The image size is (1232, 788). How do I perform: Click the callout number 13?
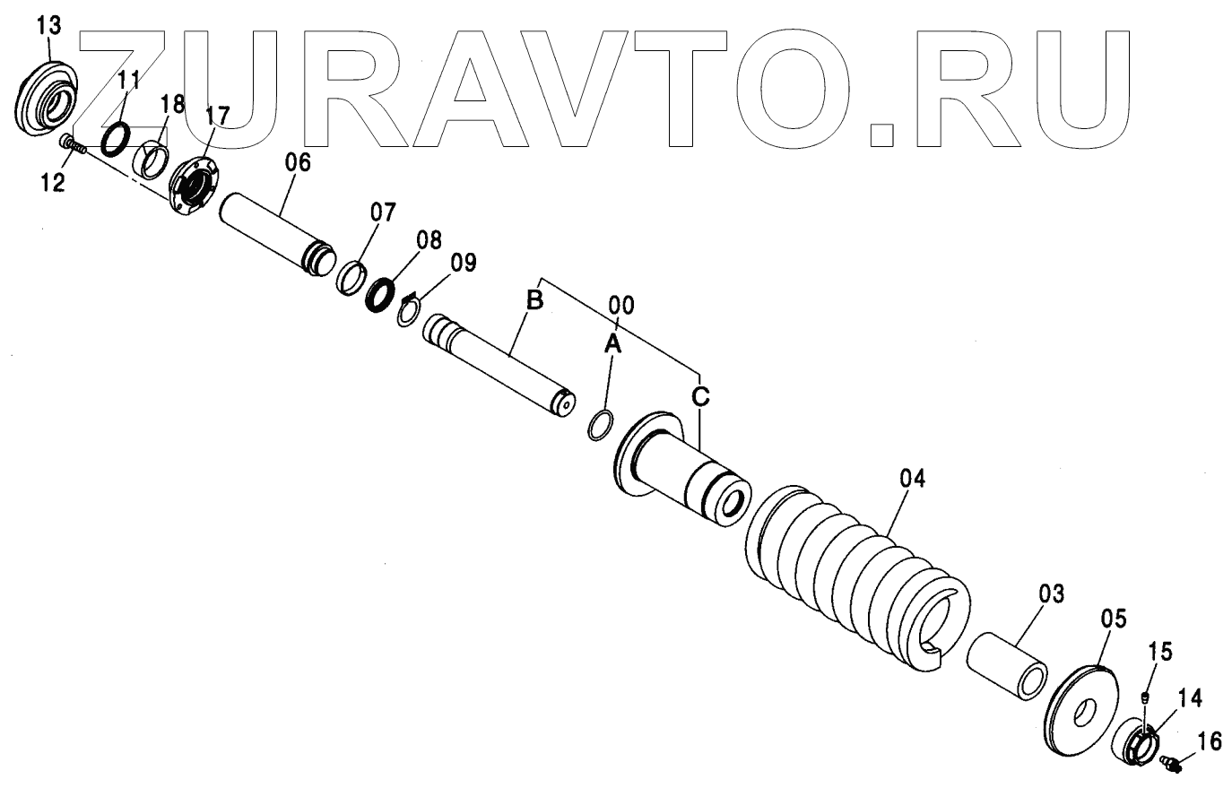48,25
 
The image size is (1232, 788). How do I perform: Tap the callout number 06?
297,162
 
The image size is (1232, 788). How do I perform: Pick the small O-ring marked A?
602,425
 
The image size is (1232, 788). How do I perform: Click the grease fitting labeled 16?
1170,762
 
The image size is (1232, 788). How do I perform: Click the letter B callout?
534,301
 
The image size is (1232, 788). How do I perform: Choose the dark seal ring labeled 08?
384,293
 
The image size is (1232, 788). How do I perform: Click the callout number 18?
172,105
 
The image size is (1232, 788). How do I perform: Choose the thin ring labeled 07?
351,276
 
